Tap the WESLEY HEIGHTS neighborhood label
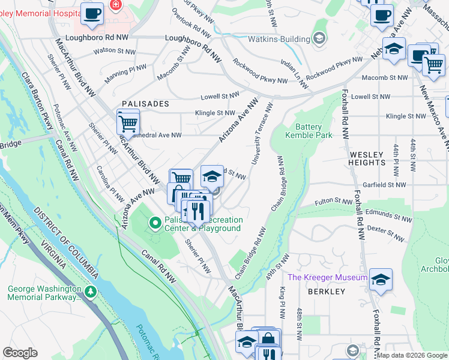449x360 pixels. (x=367, y=158)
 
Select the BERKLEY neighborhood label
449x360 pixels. (x=327, y=292)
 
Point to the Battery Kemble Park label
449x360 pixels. (x=309, y=131)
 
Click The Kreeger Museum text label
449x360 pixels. (x=327, y=277)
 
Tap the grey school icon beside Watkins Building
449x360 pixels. (x=319, y=38)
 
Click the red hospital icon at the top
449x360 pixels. (x=115, y=5)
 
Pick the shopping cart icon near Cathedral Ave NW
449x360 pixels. (x=128, y=124)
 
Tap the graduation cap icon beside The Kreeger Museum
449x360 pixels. (x=381, y=280)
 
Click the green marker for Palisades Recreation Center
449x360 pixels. (x=155, y=224)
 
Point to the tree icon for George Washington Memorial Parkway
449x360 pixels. (x=90, y=292)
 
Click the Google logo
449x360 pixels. (x=20, y=353)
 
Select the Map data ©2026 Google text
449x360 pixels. (x=412, y=355)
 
